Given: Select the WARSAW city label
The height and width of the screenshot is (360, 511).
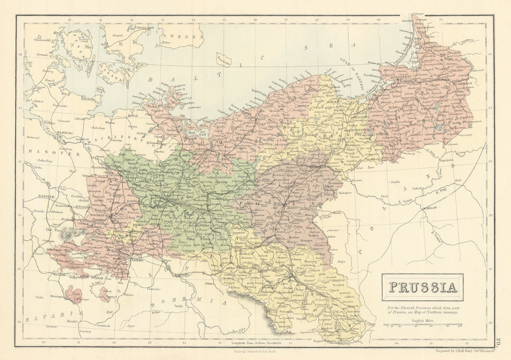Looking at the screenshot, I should pyautogui.click(x=428, y=209).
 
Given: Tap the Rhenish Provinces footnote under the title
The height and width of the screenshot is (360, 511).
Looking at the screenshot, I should pyautogui.click(x=422, y=309).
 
